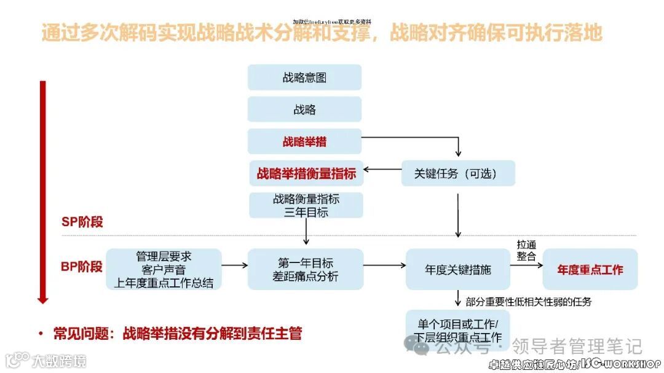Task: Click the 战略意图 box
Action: coord(304,77)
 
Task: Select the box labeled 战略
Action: coord(304,109)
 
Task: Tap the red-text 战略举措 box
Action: coord(304,142)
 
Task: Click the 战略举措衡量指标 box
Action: coord(306,174)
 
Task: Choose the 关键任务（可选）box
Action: coord(458,174)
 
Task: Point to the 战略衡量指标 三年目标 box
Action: coord(306,205)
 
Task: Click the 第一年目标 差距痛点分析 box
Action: coord(306,269)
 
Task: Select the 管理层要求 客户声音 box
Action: coord(164,269)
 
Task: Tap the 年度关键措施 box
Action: coord(458,269)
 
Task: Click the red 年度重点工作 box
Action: coord(590,269)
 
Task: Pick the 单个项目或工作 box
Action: coord(458,330)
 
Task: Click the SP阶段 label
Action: coord(82,222)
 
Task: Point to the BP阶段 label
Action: coord(81,267)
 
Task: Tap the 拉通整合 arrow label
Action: coord(526,250)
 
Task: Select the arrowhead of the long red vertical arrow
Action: coord(42,299)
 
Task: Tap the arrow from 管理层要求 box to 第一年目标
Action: coord(234,265)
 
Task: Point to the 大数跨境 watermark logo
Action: coord(46,360)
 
